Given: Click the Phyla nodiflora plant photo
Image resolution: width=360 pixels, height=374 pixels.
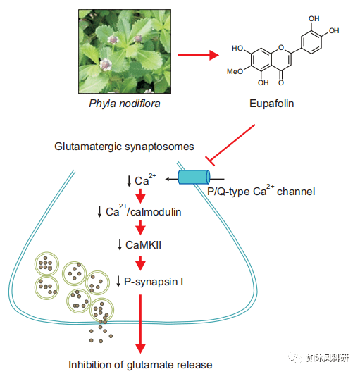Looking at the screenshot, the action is (x=125, y=51).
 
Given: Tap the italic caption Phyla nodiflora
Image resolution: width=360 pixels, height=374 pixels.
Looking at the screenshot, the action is (x=125, y=104).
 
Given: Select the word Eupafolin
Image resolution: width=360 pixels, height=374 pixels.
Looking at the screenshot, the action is (x=272, y=104).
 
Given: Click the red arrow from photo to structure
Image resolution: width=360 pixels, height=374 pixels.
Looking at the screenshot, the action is (x=198, y=56).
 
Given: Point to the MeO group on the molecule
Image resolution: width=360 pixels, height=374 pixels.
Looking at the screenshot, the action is (x=235, y=71).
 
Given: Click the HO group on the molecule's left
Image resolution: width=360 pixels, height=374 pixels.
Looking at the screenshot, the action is (x=237, y=48).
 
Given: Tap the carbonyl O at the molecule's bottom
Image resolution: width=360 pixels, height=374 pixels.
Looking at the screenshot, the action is (x=281, y=83).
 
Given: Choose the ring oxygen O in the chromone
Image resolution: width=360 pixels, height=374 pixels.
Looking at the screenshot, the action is (x=281, y=48).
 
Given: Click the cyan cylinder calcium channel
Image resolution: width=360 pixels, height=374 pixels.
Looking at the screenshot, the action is (x=194, y=177).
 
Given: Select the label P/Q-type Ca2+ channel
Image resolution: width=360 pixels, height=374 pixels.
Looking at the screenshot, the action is (x=261, y=191).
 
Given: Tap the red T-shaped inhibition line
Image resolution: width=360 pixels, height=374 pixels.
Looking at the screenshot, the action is (x=230, y=145).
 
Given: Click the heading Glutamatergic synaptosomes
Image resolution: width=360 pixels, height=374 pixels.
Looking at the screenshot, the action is (x=124, y=147).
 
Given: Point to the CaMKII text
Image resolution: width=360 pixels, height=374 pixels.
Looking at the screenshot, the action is (x=144, y=245).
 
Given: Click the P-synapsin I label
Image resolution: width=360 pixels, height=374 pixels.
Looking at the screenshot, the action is (x=154, y=282).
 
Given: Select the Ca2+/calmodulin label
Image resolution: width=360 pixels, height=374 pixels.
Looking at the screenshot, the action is (x=144, y=211).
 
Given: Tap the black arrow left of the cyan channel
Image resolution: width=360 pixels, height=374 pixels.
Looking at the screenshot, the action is (x=172, y=179).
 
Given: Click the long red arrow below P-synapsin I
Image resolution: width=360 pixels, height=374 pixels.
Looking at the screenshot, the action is (x=140, y=324).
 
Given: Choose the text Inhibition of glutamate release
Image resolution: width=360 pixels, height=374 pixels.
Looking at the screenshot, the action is (x=140, y=365).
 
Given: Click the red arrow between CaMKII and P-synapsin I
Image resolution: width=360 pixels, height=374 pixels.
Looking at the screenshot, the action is (x=140, y=263).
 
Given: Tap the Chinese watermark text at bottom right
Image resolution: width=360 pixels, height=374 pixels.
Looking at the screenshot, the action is (x=328, y=358).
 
